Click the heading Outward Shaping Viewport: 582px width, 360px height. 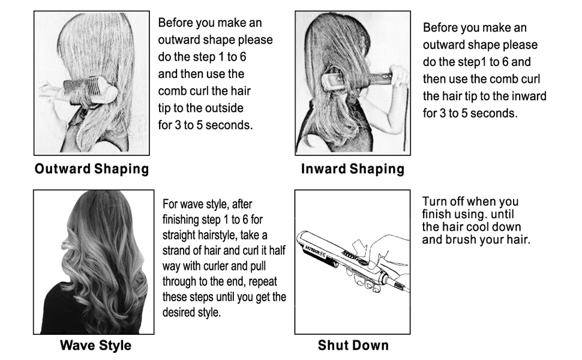click(x=92, y=169)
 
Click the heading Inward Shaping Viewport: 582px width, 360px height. click(x=352, y=169)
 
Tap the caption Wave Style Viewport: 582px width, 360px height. click(x=95, y=346)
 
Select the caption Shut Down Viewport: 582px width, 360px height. click(x=353, y=345)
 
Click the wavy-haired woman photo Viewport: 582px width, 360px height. click(x=93, y=262)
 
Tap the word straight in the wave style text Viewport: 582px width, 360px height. click(x=179, y=235)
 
